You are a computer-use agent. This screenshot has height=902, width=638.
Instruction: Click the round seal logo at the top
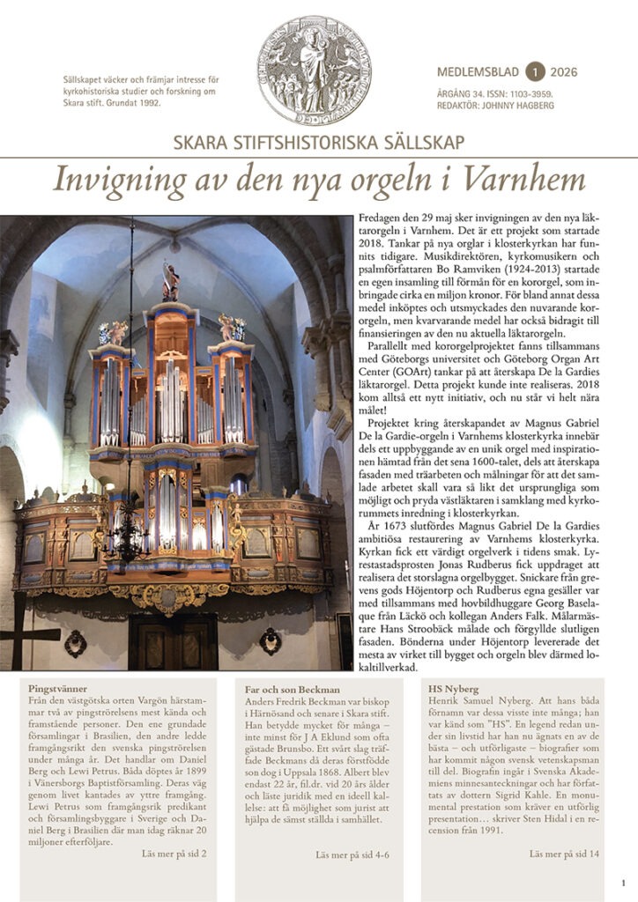point(314,70)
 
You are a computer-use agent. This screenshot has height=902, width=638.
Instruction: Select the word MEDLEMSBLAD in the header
point(477,72)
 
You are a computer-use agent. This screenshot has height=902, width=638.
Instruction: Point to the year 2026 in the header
point(564,72)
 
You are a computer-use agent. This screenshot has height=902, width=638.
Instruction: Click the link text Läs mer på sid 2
point(174,854)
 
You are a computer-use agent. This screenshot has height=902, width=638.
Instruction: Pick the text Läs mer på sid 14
point(564,854)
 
